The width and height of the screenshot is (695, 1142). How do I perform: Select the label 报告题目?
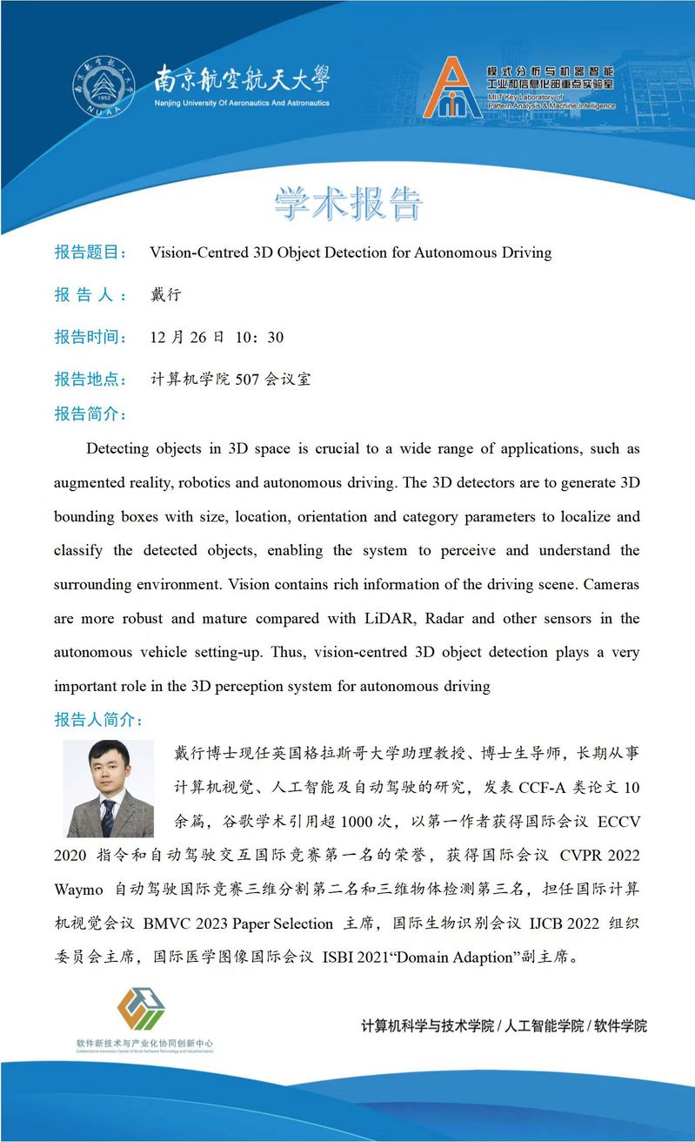[90, 252]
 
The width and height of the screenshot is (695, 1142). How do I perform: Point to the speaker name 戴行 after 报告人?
[165, 295]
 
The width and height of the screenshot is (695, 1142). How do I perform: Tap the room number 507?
[247, 380]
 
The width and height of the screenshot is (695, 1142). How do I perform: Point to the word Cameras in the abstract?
[610, 585]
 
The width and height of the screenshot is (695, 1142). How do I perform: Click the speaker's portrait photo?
[110, 788]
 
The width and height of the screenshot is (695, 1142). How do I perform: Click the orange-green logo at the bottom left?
[141, 1011]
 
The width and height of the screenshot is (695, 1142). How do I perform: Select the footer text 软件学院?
[620, 1025]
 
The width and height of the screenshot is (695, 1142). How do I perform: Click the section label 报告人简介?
[98, 721]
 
